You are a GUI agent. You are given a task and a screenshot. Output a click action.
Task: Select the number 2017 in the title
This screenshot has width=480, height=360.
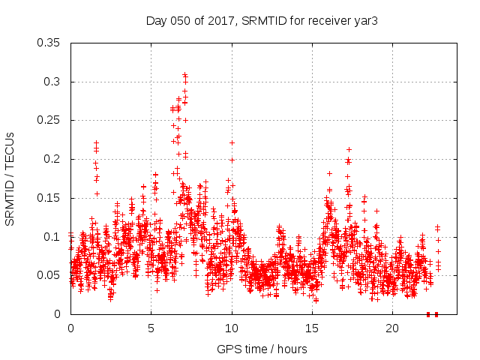223,20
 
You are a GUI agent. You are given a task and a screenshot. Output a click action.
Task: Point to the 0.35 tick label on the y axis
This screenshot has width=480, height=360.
49,43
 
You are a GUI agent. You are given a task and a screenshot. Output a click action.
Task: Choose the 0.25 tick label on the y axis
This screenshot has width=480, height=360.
49,120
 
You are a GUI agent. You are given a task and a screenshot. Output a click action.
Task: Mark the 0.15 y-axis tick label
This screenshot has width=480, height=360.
49,198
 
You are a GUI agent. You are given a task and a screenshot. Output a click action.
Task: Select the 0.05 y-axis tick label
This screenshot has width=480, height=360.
49,275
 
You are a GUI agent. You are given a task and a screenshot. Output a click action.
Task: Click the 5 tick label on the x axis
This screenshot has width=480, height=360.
151,328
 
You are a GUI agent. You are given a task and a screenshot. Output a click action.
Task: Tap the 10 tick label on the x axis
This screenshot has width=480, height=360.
232,328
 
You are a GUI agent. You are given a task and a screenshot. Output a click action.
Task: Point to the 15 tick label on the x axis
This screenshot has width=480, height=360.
312,328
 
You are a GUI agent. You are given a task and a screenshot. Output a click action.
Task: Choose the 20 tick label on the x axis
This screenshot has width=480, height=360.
392,328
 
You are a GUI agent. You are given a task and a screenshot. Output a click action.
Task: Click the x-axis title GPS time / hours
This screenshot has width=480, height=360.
262,349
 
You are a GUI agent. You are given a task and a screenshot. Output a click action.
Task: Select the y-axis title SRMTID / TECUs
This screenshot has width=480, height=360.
10,178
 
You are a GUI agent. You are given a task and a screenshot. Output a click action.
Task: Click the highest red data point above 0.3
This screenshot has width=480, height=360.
184,75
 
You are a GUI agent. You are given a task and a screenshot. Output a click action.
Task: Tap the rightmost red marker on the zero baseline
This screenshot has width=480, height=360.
436,314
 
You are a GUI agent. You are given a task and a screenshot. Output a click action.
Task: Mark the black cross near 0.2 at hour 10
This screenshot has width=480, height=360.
232,160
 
